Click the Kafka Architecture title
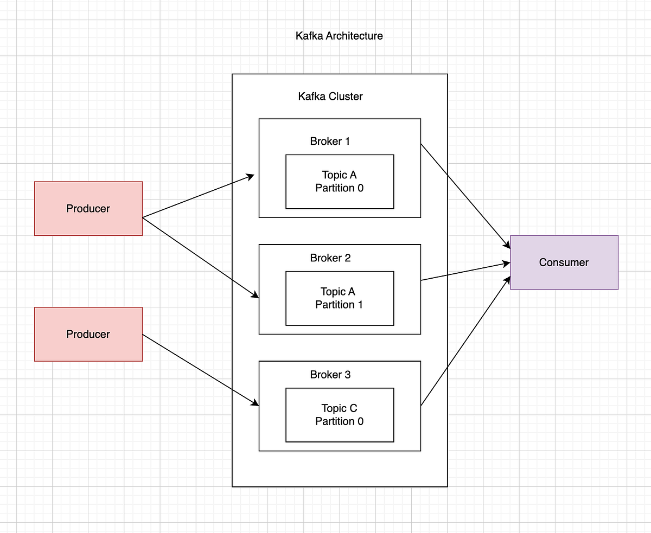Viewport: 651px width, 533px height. (x=339, y=36)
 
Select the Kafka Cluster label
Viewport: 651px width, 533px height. (x=330, y=97)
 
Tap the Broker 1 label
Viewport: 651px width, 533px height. (x=330, y=142)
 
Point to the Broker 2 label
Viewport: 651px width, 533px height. (x=330, y=258)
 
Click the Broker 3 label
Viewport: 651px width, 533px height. (x=330, y=375)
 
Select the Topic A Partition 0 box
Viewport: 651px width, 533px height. (x=340, y=182)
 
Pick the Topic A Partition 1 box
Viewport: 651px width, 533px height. (x=340, y=298)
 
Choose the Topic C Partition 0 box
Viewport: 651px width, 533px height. (x=340, y=415)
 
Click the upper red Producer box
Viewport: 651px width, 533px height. (x=88, y=209)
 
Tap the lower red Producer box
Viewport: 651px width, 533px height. (x=88, y=334)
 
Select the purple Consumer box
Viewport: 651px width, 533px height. (x=564, y=262)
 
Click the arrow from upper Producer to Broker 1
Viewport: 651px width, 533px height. (x=198, y=196)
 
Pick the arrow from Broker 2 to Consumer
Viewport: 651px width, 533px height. (x=465, y=271)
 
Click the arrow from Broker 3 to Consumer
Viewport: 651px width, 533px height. (x=465, y=342)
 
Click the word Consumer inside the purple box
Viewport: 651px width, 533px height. (x=564, y=262)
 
